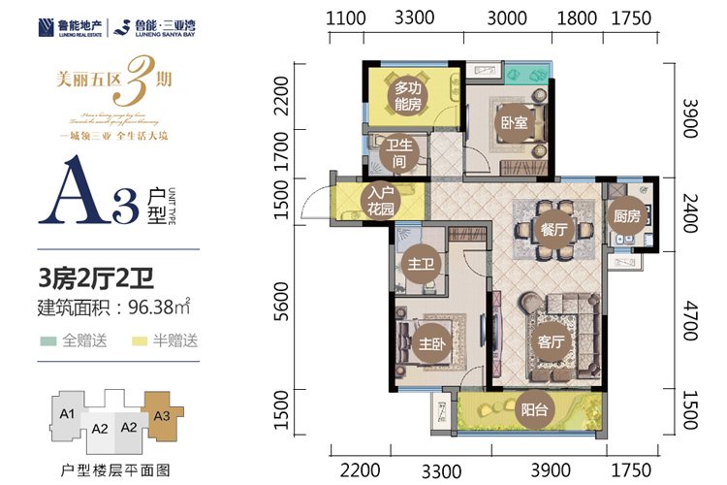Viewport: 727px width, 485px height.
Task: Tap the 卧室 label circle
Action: coord(514,123)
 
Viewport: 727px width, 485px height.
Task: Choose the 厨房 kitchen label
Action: coord(622,219)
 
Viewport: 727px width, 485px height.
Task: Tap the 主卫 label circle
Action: coord(421,264)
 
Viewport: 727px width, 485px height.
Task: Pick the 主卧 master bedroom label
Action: coord(427,342)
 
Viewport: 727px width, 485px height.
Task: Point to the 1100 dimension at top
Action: coord(346,17)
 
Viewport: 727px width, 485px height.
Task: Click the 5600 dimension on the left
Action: coord(281,303)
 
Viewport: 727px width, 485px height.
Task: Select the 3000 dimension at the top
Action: coord(506,17)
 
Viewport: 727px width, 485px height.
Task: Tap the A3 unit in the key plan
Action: coord(162,415)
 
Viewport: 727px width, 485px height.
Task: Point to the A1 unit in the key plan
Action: coord(66,412)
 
